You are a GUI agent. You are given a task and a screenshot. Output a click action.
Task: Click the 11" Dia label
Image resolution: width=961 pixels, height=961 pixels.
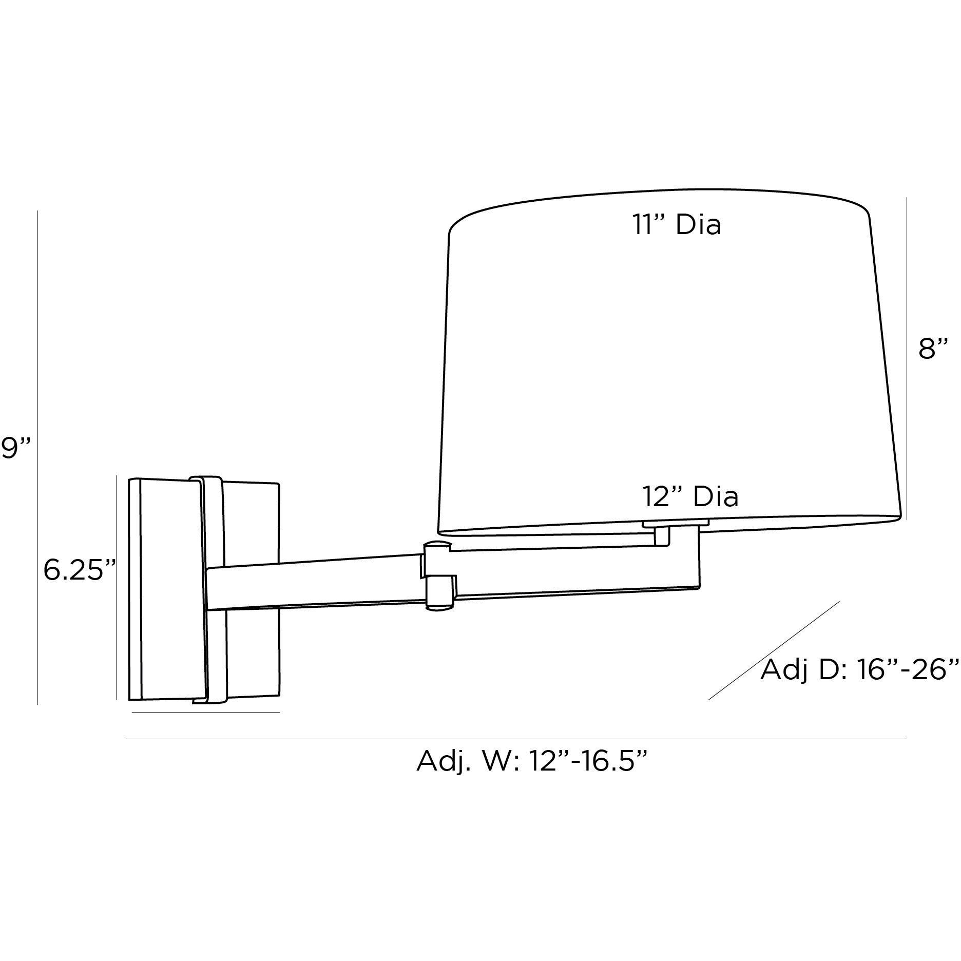pos(676,225)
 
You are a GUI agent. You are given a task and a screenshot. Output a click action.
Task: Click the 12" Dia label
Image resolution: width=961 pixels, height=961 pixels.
pos(690,496)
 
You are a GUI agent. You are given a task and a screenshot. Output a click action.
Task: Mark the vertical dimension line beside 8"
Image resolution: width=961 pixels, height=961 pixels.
pos(907,359)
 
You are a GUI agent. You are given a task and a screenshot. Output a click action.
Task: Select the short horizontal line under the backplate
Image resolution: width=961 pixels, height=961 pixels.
pos(205,712)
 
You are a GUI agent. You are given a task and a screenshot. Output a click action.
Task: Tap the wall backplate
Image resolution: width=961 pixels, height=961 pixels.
pos(164,590)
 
